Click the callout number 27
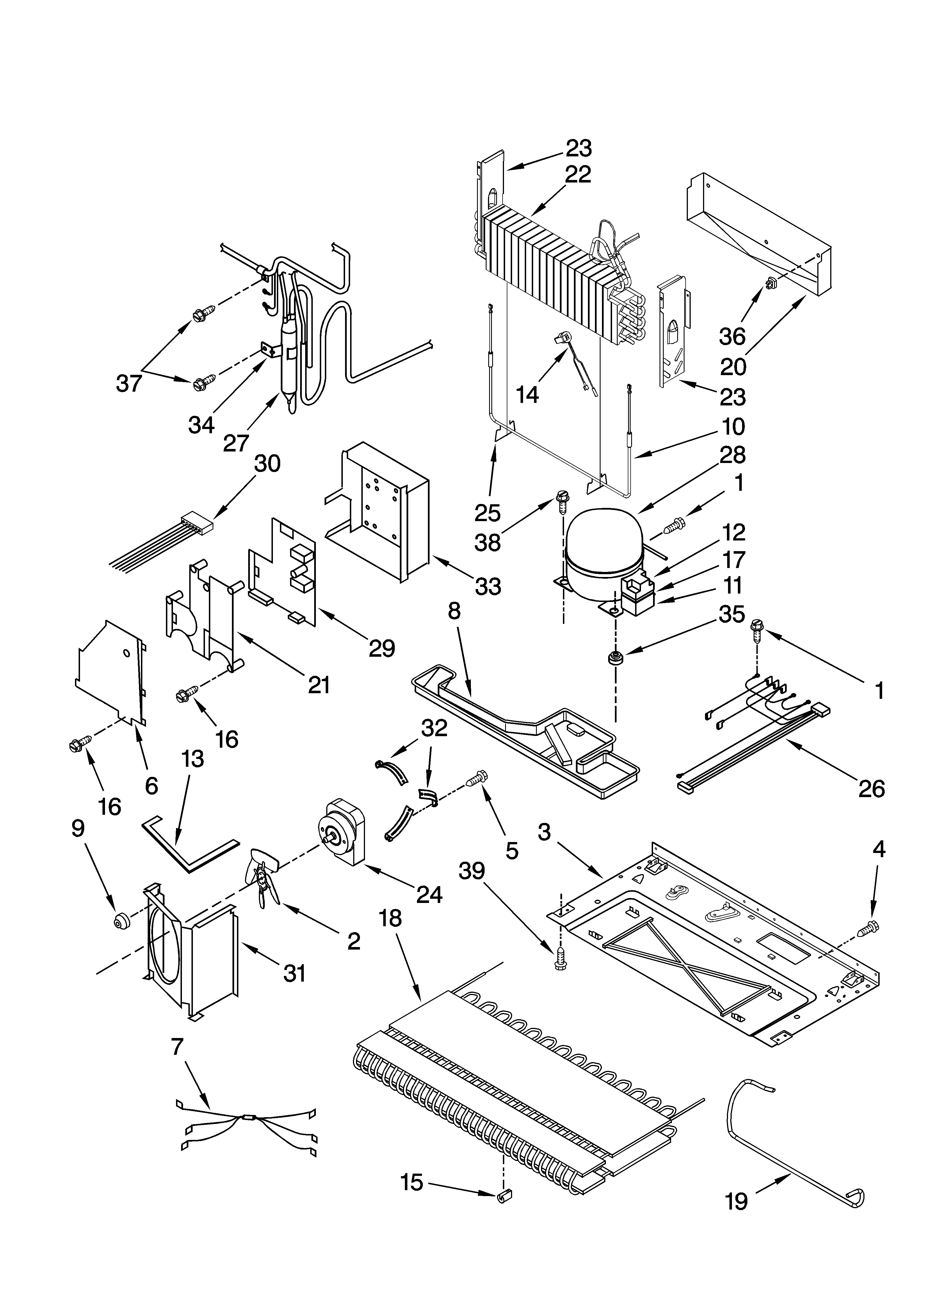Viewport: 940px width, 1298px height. pyautogui.click(x=236, y=443)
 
